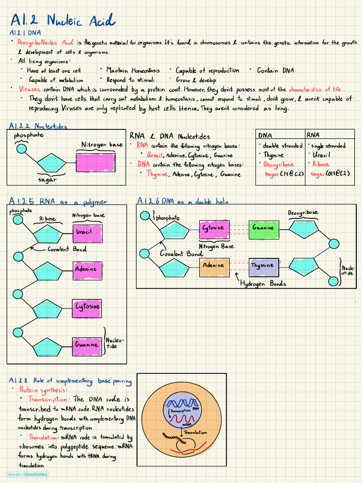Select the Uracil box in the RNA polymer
click(87, 232)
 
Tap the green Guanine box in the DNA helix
click(263, 228)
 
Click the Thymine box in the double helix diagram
click(263, 266)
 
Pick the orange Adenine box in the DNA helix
click(214, 266)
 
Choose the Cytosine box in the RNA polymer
click(87, 307)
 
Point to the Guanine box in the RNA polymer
click(87, 345)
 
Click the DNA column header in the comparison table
click(265, 135)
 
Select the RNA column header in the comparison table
click(313, 135)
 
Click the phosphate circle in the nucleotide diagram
click(21, 149)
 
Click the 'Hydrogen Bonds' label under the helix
click(263, 284)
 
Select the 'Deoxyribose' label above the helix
click(303, 213)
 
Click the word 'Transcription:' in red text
click(51, 400)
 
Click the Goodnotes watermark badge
click(27, 475)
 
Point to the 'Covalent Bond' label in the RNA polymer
click(67, 249)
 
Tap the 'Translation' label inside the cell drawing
click(196, 432)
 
